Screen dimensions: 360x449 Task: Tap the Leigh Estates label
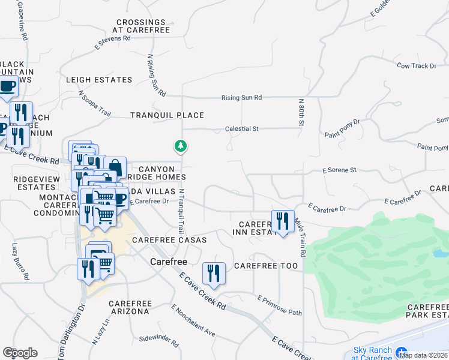[x=99, y=80]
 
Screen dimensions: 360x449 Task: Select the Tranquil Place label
[x=167, y=115]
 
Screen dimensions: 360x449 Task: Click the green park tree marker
[x=180, y=146]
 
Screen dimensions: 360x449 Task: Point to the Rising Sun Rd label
[x=242, y=97]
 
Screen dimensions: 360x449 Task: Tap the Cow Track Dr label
[x=416, y=65]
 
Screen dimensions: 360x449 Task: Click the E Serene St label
[x=340, y=170]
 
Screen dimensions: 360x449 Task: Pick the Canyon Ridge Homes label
[x=158, y=173]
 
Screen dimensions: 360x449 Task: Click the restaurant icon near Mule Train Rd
[x=282, y=221]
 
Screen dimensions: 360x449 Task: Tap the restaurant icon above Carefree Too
[x=214, y=273]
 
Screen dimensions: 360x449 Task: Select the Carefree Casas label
[x=169, y=240]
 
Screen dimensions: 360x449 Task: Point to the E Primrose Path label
[x=279, y=305]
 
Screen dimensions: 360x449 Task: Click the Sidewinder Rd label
[x=159, y=342]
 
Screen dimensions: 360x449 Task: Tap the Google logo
[x=20, y=353]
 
